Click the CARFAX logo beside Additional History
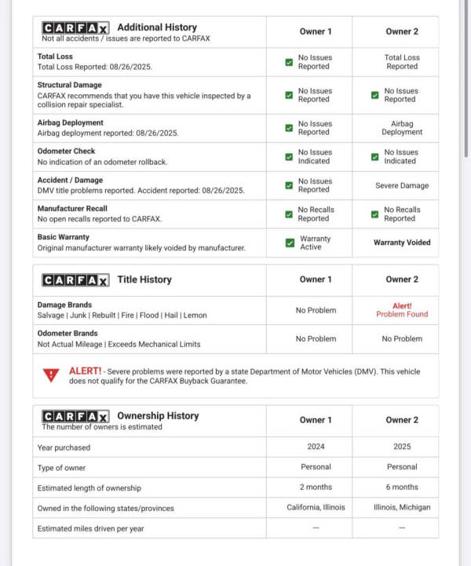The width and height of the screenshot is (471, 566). coord(75,27)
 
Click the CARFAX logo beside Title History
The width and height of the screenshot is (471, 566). coord(75,279)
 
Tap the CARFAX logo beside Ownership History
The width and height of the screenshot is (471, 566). coord(75,416)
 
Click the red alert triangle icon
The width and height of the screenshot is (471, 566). coord(52,375)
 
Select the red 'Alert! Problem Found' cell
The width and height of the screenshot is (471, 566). coord(401,310)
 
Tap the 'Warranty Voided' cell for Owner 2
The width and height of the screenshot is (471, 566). coord(401,243)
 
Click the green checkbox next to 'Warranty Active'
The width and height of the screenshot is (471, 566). coord(290,243)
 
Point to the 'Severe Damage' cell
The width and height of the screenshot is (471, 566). coord(401,186)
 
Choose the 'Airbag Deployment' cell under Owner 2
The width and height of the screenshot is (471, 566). coord(401,128)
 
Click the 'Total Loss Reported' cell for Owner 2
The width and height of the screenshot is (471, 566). coord(401,62)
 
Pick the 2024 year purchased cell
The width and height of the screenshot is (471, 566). coord(316,447)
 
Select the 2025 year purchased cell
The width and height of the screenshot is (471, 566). coord(401,447)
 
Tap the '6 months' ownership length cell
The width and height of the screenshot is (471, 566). coord(401,487)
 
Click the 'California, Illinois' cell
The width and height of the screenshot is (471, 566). coord(316,507)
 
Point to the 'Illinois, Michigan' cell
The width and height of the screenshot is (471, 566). coord(401,507)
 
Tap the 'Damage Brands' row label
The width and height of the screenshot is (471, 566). coord(64,305)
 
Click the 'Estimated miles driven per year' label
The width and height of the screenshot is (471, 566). coord(90,528)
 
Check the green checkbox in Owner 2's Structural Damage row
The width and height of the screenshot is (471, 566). coord(375,95)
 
